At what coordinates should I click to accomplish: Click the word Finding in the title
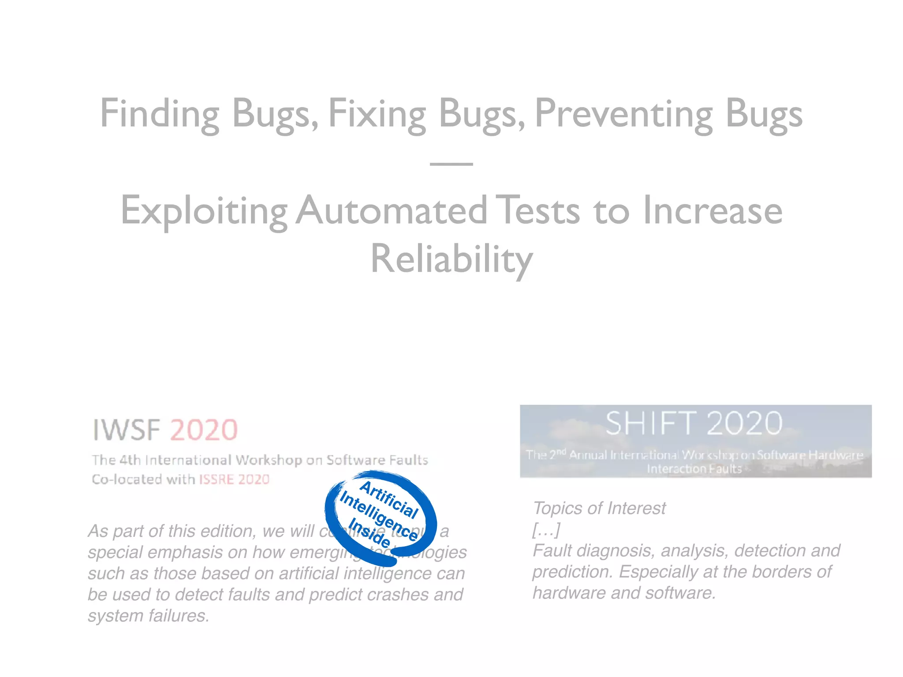160,114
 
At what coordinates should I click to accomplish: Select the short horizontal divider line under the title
451,164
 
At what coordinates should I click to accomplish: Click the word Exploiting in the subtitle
204,211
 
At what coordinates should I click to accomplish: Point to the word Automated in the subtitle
391,211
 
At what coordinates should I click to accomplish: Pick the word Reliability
451,259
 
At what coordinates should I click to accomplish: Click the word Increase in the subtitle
713,211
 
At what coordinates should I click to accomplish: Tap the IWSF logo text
126,430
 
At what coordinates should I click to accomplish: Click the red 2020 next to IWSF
204,430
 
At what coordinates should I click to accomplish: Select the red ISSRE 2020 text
234,479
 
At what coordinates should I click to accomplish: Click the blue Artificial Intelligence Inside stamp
380,517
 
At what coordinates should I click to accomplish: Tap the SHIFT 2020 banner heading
694,424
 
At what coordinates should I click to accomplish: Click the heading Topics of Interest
599,508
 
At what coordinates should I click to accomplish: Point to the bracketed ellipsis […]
546,529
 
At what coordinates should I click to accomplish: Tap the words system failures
148,616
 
